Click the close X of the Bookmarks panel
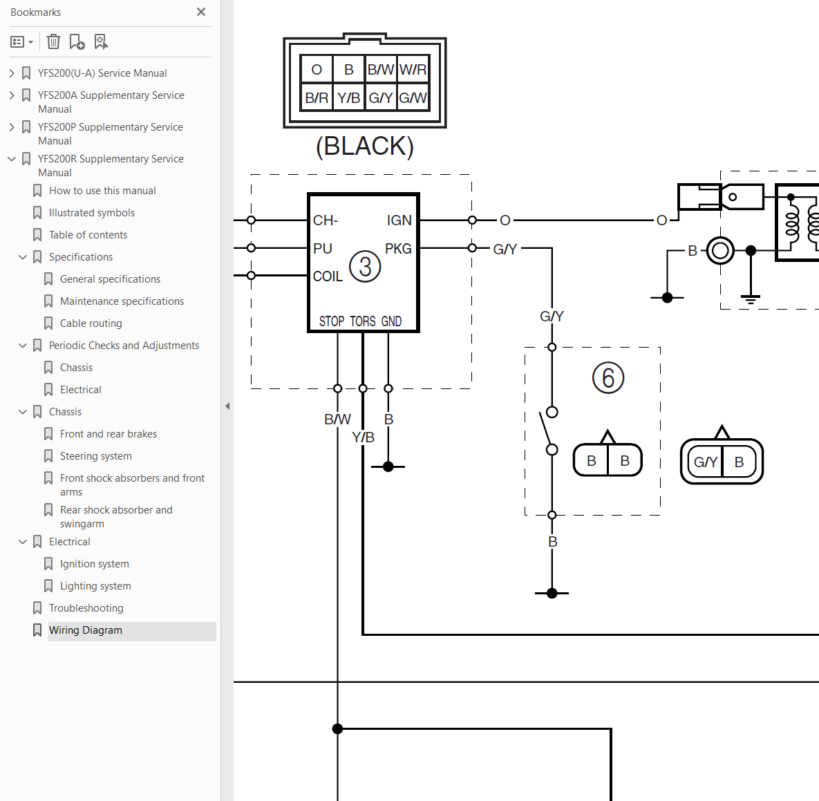(x=201, y=12)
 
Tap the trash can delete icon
(x=53, y=41)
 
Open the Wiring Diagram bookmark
(x=86, y=630)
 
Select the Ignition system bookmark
(x=95, y=564)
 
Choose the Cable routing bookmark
(x=91, y=323)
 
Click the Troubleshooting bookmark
(x=86, y=607)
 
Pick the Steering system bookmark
(x=95, y=456)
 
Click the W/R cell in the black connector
(x=413, y=69)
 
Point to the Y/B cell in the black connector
(x=348, y=97)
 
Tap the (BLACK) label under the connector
(x=365, y=147)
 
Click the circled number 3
(x=365, y=266)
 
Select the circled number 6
(x=608, y=378)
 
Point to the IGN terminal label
(x=399, y=220)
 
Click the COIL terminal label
(x=328, y=276)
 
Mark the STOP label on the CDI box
(x=332, y=321)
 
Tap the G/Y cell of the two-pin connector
(x=705, y=462)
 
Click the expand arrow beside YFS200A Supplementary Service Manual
(x=12, y=95)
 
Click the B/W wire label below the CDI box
(x=337, y=420)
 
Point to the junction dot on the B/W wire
(x=337, y=728)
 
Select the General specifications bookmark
(x=110, y=279)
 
